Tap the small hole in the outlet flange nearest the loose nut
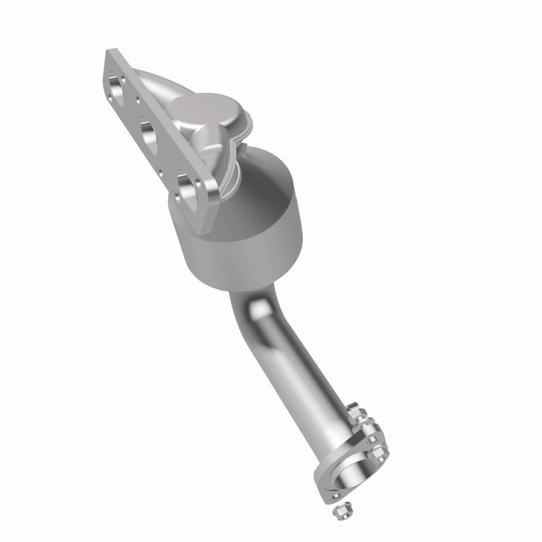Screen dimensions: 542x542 click(334, 494)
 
